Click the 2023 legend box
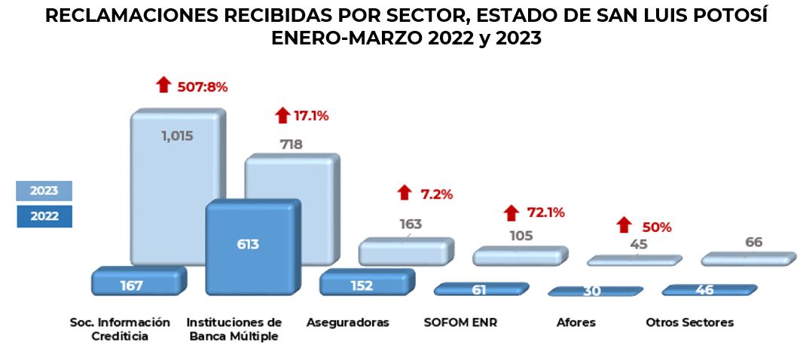(x=44, y=191)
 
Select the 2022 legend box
(x=44, y=216)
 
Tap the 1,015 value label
(x=178, y=136)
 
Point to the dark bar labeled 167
(x=131, y=285)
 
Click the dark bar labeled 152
(x=361, y=285)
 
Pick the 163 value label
(x=411, y=224)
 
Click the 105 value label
(x=521, y=236)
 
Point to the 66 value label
(x=753, y=242)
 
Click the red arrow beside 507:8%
(x=163, y=85)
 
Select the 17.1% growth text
(x=312, y=116)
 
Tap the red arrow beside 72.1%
(x=512, y=213)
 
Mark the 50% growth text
(x=656, y=227)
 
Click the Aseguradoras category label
(x=348, y=322)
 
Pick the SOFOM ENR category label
(x=461, y=322)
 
